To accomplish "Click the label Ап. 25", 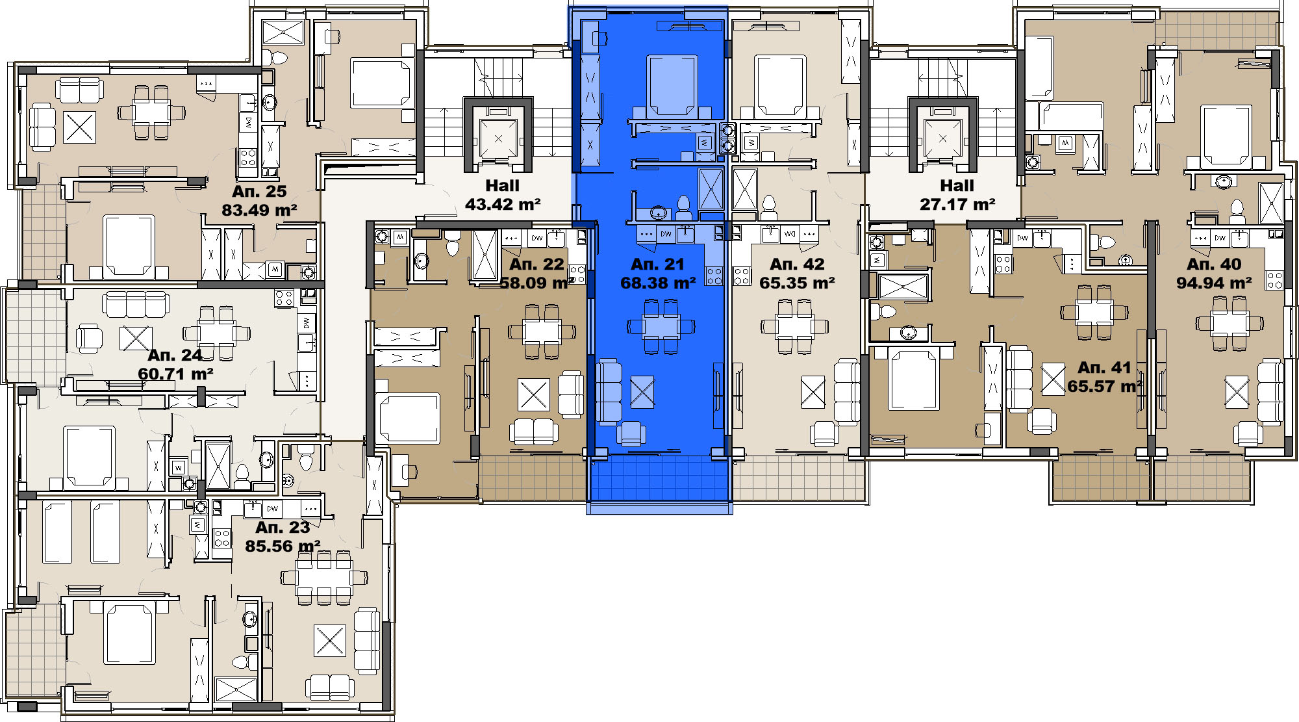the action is pyautogui.click(x=259, y=192).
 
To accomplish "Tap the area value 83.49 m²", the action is pyautogui.click(x=259, y=211).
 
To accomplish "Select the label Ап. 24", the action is pyautogui.click(x=175, y=355).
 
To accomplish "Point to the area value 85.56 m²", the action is pyautogui.click(x=283, y=547).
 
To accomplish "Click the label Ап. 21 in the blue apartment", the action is pyautogui.click(x=657, y=264).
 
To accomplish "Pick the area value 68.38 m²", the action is pyautogui.click(x=658, y=283).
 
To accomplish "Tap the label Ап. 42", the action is pyautogui.click(x=797, y=264).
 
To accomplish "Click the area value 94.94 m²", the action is pyautogui.click(x=1214, y=283).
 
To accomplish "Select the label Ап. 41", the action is pyautogui.click(x=1104, y=368).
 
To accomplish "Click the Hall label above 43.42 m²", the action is pyautogui.click(x=502, y=186).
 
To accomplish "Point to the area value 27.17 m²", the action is pyautogui.click(x=957, y=205).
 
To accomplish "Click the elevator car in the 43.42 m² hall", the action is pyautogui.click(x=498, y=138).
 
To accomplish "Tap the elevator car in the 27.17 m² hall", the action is pyautogui.click(x=942, y=138).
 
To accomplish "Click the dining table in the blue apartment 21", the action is pyautogui.click(x=661, y=326).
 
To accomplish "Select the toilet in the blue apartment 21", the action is pyautogui.click(x=683, y=207).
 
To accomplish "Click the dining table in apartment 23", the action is pyautogui.click(x=323, y=578).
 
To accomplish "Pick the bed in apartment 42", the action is pyautogui.click(x=780, y=86).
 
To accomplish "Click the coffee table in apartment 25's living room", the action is pyautogui.click(x=80, y=127).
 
